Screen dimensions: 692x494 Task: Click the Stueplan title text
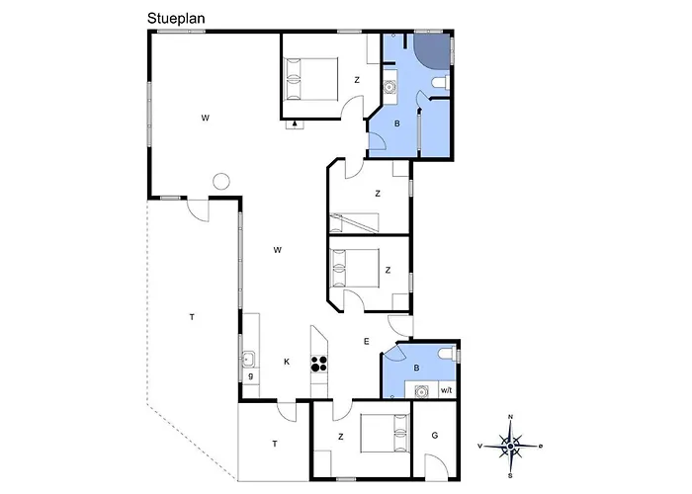tap(176, 19)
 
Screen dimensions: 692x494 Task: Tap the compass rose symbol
tap(511, 447)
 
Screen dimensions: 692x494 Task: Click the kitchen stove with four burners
tap(319, 364)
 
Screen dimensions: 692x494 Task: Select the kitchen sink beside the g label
tap(248, 360)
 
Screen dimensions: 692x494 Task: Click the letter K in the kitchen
tap(287, 362)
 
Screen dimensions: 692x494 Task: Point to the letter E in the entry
tap(367, 341)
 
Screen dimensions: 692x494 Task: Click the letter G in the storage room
tap(435, 436)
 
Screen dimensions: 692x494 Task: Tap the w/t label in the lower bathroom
tap(446, 390)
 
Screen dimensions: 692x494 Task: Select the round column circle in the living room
tap(220, 181)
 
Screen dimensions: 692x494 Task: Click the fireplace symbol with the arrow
tap(295, 123)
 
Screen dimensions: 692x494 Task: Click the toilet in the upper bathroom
tap(441, 83)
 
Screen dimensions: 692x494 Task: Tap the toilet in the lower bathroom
tap(448, 354)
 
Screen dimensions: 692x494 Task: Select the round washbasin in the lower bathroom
tap(422, 391)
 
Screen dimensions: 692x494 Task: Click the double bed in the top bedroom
tap(310, 78)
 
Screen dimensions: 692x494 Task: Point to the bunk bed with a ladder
tap(354, 222)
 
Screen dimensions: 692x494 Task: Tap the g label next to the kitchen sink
tap(251, 376)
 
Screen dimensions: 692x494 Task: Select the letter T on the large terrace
tap(192, 317)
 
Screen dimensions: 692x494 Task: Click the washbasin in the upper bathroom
tap(389, 87)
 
